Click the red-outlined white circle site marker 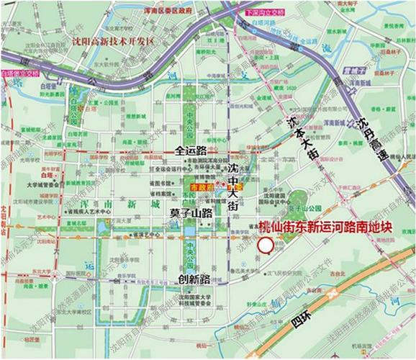coord(265,246)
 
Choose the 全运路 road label coord(191,151)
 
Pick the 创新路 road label coord(192,278)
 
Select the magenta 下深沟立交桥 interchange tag coord(262,13)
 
